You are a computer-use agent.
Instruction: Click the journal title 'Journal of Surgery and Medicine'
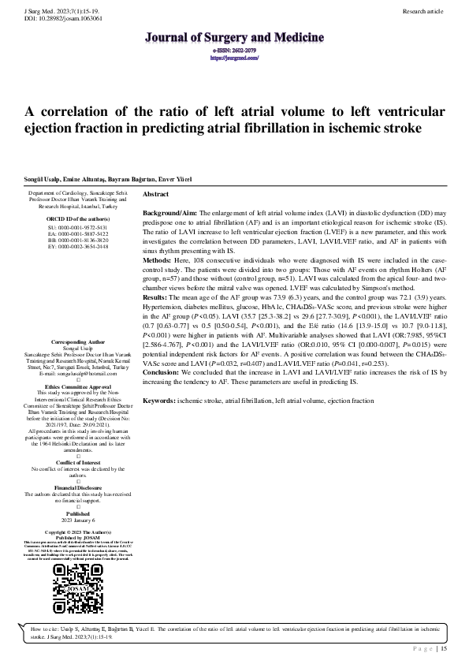(x=234, y=37)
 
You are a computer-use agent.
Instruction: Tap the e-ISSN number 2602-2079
(x=234, y=50)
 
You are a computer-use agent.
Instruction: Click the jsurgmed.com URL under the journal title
(x=234, y=57)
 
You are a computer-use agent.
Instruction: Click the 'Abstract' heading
(x=156, y=194)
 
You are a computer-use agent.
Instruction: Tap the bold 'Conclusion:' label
(x=162, y=371)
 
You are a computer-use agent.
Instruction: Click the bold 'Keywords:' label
(x=159, y=401)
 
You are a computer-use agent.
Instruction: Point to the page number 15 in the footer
(x=445, y=648)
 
